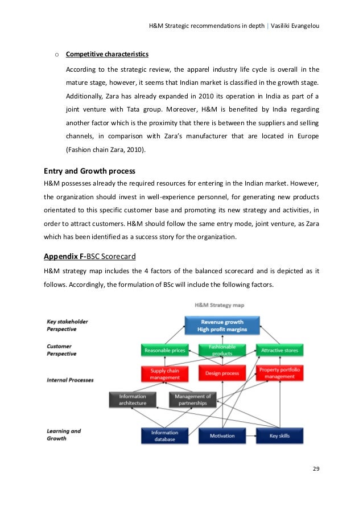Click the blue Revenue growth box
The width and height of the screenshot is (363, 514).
(222, 326)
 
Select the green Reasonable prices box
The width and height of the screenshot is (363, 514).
(164, 351)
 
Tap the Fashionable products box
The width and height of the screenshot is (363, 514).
(222, 351)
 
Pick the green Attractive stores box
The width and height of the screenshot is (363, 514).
(279, 351)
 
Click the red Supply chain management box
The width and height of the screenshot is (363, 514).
(165, 373)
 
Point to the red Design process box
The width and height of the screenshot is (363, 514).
(222, 373)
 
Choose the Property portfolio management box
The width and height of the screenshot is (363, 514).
(279, 373)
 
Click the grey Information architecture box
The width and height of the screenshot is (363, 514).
(133, 400)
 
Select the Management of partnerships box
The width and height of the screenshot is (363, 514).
(193, 400)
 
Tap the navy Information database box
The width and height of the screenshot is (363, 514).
(164, 435)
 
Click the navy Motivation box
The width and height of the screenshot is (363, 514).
(222, 435)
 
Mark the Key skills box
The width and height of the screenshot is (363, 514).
(279, 435)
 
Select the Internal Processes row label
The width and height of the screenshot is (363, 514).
(70, 379)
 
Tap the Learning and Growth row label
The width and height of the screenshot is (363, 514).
(64, 435)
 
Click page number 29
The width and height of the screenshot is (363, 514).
(316, 468)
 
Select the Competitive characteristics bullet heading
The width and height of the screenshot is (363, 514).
(107, 55)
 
